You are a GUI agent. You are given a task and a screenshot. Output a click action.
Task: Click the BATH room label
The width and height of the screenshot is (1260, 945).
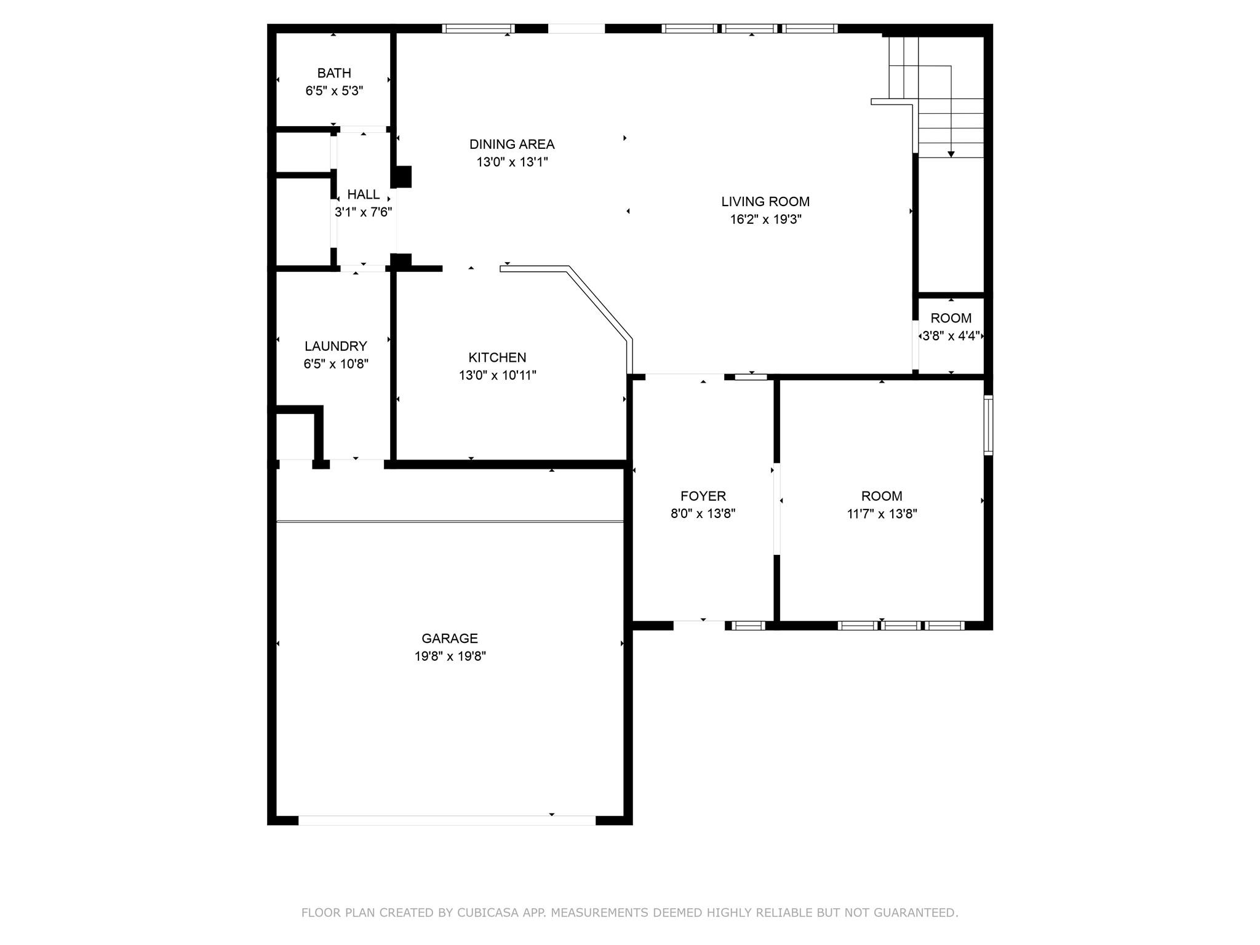click(334, 73)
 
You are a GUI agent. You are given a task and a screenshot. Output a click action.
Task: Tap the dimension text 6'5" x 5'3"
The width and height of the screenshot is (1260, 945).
click(334, 91)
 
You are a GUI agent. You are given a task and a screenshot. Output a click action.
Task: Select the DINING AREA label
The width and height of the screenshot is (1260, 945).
click(512, 144)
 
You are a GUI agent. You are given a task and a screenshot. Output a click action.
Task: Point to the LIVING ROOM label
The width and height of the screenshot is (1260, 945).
click(765, 201)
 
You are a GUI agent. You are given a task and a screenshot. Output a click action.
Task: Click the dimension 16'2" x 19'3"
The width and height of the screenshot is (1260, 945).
click(765, 219)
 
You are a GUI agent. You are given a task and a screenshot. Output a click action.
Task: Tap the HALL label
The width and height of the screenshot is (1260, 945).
click(363, 194)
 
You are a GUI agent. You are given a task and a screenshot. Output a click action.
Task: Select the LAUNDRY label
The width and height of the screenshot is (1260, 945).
click(335, 346)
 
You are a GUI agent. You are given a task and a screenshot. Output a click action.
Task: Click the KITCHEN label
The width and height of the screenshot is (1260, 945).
click(497, 357)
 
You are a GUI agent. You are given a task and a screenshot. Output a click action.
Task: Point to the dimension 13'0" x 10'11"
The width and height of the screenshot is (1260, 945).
click(497, 375)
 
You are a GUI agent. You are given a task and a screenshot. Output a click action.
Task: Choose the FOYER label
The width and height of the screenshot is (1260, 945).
click(703, 496)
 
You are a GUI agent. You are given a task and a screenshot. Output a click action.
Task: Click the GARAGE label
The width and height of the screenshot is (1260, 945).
click(449, 638)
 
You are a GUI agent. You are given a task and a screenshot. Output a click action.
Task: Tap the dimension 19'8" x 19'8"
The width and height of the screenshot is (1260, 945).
click(450, 656)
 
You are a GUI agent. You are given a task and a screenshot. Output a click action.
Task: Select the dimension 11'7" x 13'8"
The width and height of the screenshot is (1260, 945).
click(882, 514)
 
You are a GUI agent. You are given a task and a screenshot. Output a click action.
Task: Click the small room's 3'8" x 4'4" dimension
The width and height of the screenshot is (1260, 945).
click(951, 336)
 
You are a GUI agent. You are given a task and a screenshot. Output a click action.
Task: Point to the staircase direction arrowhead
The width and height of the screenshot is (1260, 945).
click(951, 154)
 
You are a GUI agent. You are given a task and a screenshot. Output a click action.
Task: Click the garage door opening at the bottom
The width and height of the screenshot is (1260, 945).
click(447, 820)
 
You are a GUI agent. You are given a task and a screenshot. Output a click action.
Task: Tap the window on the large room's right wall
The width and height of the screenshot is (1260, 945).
click(988, 425)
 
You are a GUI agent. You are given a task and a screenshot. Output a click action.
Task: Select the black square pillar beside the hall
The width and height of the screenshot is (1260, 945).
click(403, 177)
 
